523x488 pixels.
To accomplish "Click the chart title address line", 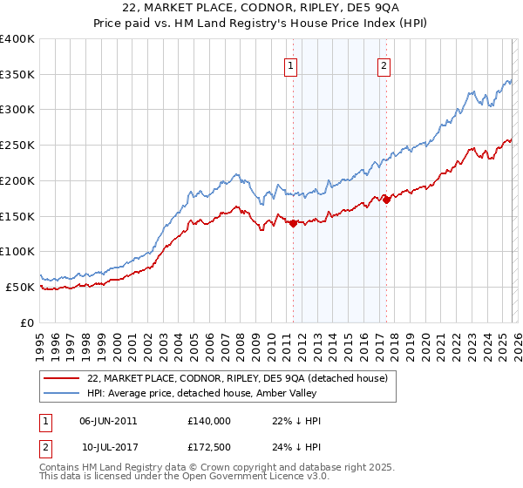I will click(261, 8).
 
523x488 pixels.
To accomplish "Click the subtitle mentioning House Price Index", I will click(261, 23).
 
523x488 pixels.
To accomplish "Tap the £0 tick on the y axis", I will click(26, 322).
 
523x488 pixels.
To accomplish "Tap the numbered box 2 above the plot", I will click(384, 63).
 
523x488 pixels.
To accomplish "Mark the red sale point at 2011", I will click(293, 223).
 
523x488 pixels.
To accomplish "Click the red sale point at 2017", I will click(386, 200).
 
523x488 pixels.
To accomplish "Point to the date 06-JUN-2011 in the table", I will click(108, 420).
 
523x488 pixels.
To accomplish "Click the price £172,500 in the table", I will click(208, 449).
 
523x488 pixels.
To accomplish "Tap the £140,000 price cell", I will click(208, 420).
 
